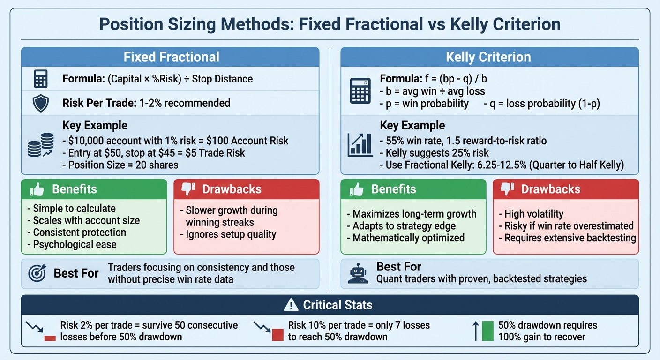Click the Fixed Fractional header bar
point(170,57)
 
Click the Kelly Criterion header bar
point(489,57)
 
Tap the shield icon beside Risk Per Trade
point(41,103)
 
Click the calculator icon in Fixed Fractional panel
point(41,79)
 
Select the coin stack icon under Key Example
point(41,145)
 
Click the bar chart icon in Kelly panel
point(360,145)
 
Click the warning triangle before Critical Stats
point(291,305)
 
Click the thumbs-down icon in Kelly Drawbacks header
point(507,189)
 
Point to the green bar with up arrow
point(487,330)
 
